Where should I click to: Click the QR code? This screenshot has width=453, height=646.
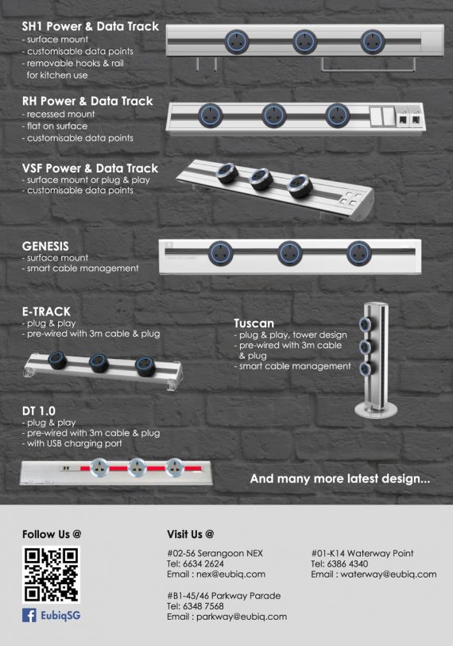click(x=51, y=574)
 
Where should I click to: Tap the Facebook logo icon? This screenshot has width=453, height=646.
click(x=29, y=616)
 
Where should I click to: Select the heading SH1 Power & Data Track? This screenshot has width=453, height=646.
click(x=91, y=26)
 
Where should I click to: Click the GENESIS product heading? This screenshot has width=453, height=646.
click(x=45, y=246)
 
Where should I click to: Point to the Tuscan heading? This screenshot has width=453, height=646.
click(x=254, y=323)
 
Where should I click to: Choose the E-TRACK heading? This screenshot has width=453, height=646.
click(x=46, y=311)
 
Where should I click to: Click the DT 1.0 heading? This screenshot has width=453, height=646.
click(x=38, y=411)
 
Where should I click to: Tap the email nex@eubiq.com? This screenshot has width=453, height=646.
click(x=230, y=574)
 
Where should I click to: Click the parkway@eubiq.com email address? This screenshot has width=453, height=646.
click(x=242, y=617)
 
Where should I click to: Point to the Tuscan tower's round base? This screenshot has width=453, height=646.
click(x=376, y=410)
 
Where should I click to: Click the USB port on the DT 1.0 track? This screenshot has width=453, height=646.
click(x=65, y=469)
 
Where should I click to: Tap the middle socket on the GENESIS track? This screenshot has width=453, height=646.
click(x=290, y=253)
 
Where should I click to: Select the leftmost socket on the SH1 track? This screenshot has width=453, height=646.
click(x=237, y=41)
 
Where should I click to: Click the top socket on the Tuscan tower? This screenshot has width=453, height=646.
click(x=364, y=325)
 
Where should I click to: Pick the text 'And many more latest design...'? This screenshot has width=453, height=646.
click(x=340, y=478)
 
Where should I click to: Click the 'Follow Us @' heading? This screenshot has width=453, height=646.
click(x=52, y=534)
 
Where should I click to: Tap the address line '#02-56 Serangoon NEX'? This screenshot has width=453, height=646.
click(x=215, y=553)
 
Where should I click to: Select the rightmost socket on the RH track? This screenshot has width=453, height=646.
click(x=338, y=115)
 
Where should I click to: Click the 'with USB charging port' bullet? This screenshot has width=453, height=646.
click(x=72, y=443)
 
